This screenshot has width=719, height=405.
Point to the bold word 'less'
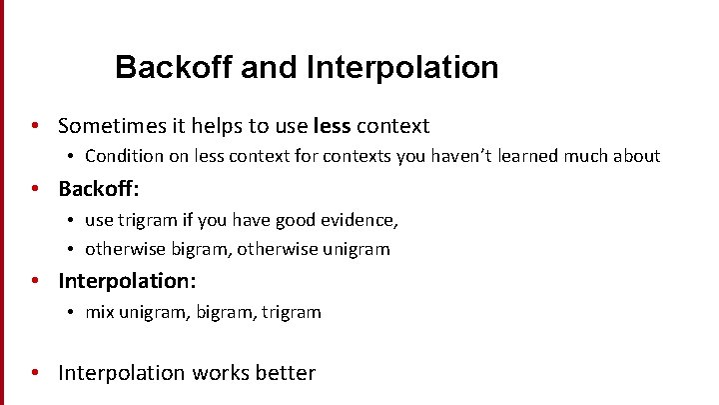tap(332, 126)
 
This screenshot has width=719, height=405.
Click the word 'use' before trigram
tap(99, 219)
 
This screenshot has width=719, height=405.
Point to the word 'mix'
tap(99, 312)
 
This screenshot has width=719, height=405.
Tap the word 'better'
tap(285, 373)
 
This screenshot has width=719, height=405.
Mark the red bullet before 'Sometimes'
tap(35, 127)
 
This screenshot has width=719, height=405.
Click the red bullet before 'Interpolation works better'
tap(35, 374)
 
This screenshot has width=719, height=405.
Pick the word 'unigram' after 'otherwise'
tap(356, 249)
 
